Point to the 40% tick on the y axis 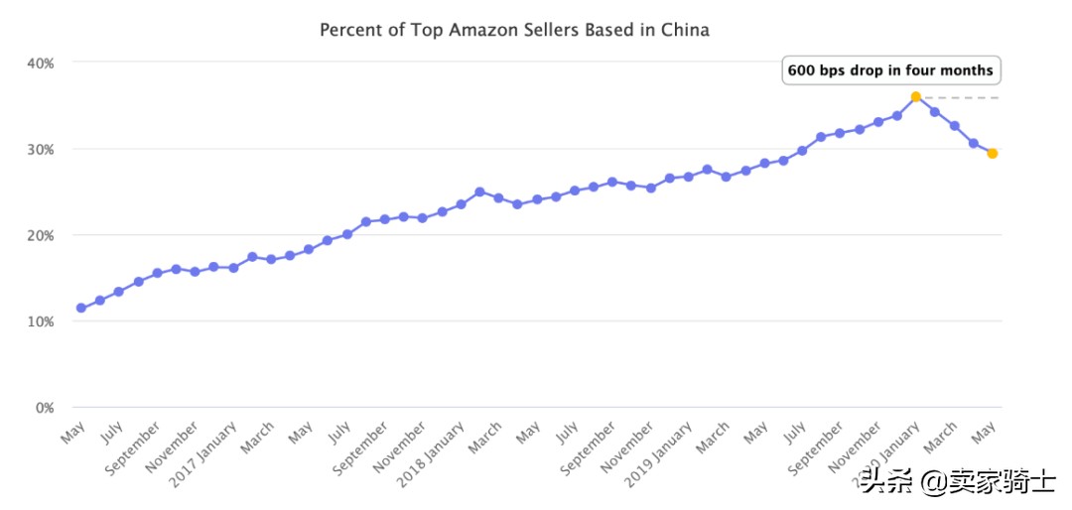pos(40,63)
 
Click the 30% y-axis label pos(40,149)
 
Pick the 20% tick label pos(40,235)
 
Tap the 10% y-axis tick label pos(40,321)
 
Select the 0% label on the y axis pos(44,408)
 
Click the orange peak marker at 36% pos(916,97)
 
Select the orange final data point pos(993,153)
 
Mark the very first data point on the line pos(81,308)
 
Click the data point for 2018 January pos(461,204)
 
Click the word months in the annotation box pos(965,70)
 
